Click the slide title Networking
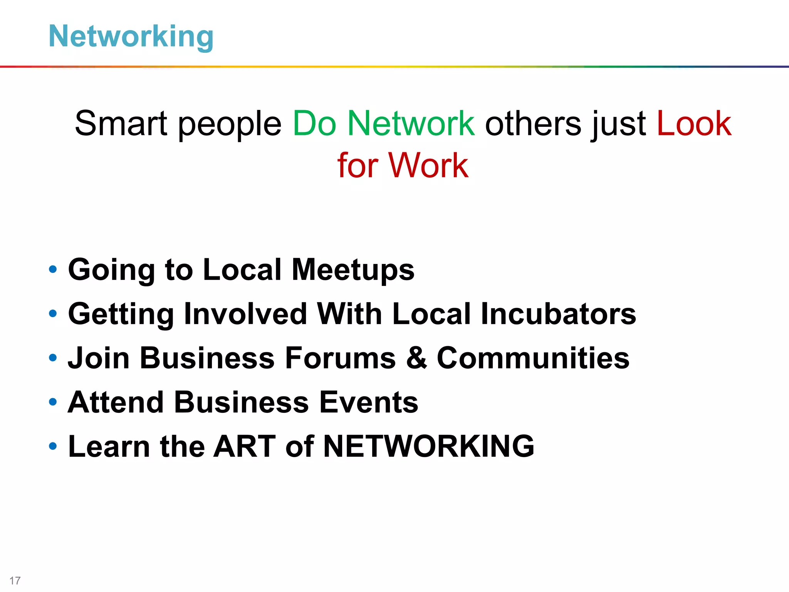pyautogui.click(x=131, y=36)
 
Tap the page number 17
pyautogui.click(x=15, y=580)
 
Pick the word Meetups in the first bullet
pyautogui.click(x=353, y=270)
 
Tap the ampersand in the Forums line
pyautogui.click(x=416, y=358)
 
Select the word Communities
pyautogui.click(x=533, y=358)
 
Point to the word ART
pyautogui.click(x=245, y=446)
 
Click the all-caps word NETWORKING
pyautogui.click(x=428, y=446)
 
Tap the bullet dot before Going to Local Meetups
pyautogui.click(x=53, y=269)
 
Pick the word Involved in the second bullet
pyautogui.click(x=245, y=314)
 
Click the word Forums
pyautogui.click(x=340, y=358)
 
